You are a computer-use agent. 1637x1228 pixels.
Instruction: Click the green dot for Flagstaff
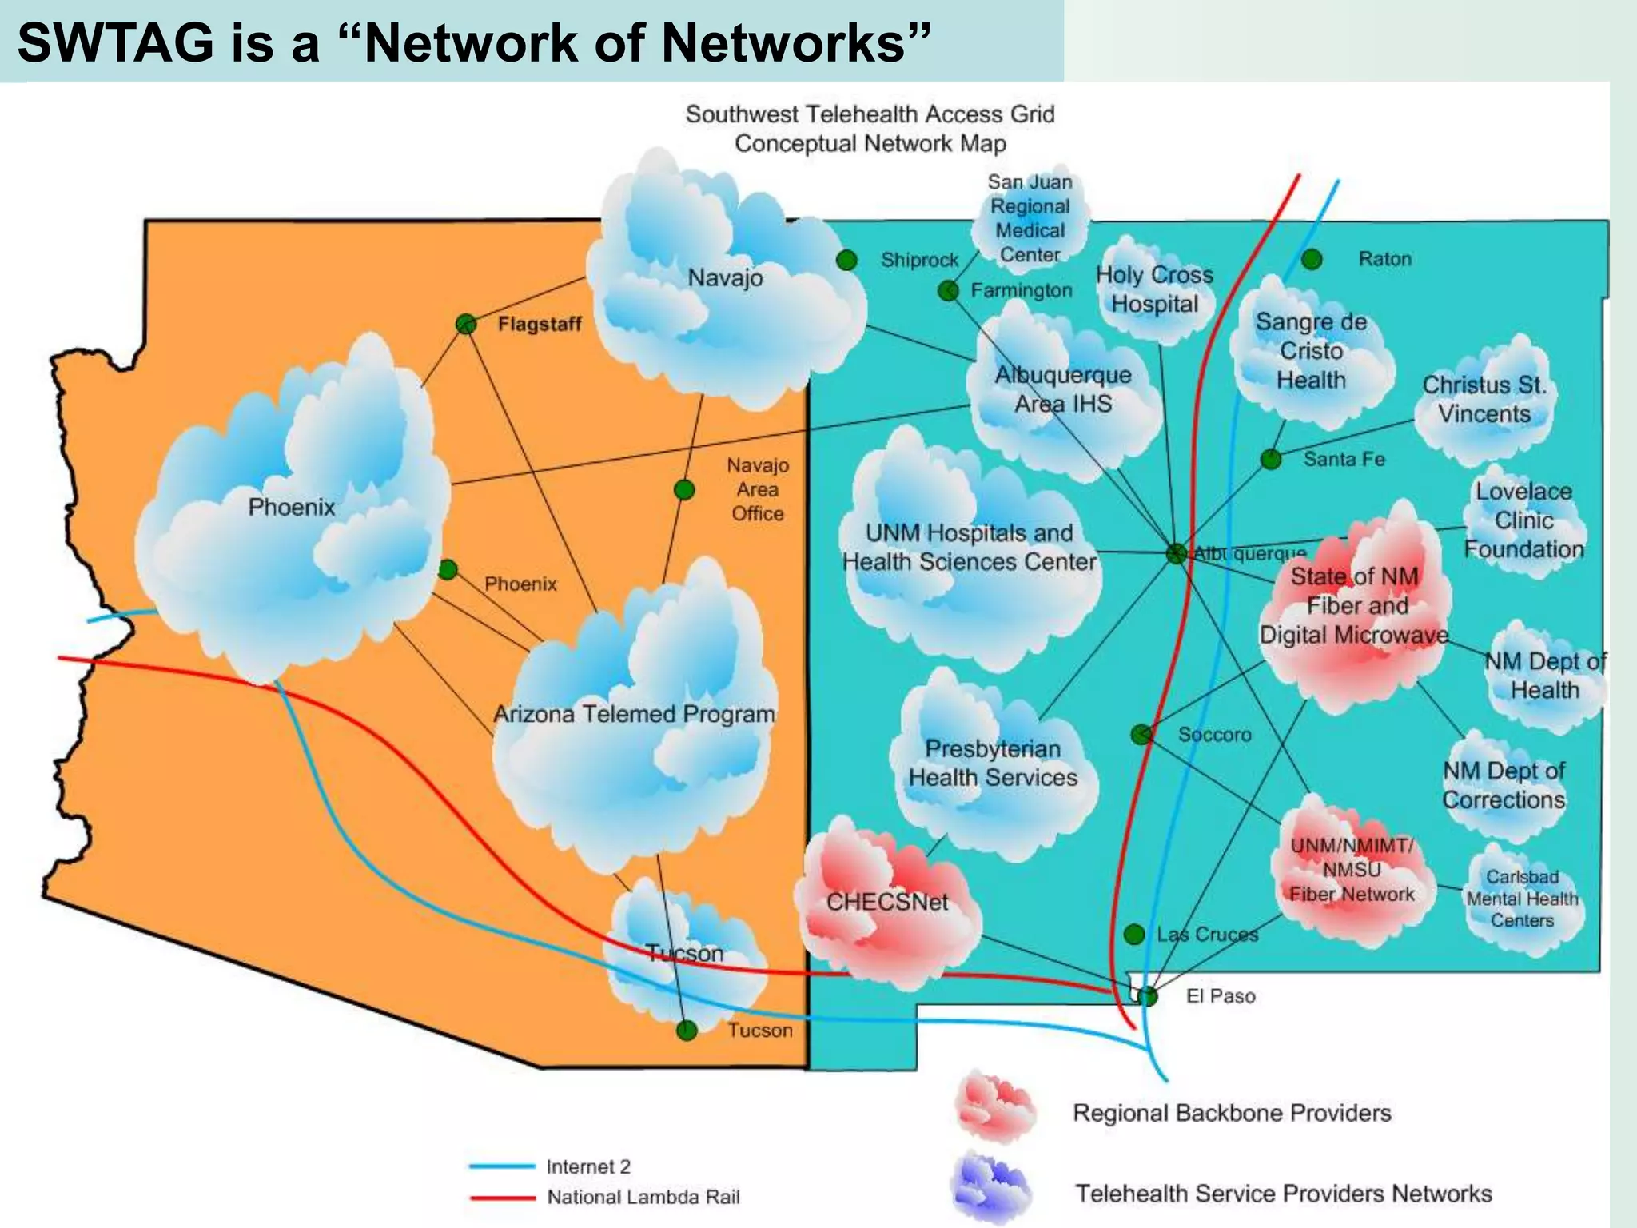[x=466, y=324]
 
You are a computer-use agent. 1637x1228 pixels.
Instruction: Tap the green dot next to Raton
[x=1312, y=259]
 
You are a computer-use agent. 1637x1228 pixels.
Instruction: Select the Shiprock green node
[x=846, y=260]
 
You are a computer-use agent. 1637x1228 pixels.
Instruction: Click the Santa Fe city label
[x=1344, y=459]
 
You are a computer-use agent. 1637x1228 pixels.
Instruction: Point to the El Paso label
[x=1221, y=996]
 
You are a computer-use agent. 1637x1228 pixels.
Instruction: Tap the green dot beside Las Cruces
[x=1134, y=934]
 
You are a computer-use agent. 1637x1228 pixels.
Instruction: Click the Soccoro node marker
[x=1141, y=734]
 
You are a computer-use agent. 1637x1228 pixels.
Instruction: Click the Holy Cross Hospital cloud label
[x=1154, y=289]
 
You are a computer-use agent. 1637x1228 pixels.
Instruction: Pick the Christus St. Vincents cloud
[x=1484, y=400]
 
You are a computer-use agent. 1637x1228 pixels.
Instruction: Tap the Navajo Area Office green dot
[x=684, y=489]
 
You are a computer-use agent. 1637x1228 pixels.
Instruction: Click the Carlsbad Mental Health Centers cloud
[x=1522, y=899]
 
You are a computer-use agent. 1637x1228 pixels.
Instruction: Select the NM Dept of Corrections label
[x=1504, y=785]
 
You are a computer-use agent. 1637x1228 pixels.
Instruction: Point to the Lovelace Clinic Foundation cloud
[x=1523, y=520]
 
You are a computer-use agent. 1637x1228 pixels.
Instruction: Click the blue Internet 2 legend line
[x=502, y=1166]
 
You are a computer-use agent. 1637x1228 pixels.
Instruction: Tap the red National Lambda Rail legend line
[x=502, y=1198]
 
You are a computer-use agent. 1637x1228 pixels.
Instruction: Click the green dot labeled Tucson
[x=687, y=1030]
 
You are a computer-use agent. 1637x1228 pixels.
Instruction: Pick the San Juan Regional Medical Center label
[x=1030, y=218]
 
